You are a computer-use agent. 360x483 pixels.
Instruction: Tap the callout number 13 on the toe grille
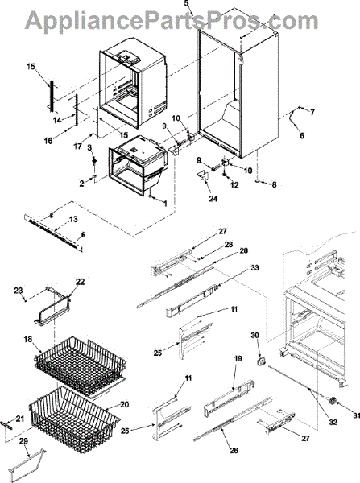[x=73, y=219]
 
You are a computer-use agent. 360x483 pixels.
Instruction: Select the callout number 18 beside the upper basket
[x=28, y=339]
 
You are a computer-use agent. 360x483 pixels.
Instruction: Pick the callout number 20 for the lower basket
[x=125, y=404]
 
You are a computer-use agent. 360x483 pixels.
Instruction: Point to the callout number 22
[x=81, y=282]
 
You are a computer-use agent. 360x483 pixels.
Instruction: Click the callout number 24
[x=213, y=199]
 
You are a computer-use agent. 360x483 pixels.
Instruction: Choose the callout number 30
[x=254, y=335]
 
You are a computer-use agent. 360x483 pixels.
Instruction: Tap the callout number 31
[x=356, y=416]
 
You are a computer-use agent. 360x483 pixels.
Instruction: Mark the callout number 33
[x=254, y=268]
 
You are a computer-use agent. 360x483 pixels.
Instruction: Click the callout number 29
[x=23, y=441]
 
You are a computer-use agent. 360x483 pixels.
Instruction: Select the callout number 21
[x=19, y=419]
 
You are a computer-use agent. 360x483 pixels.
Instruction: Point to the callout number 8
[x=274, y=184]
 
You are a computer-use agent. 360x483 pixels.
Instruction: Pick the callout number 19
[x=238, y=358]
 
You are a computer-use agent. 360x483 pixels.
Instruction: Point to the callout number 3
[x=89, y=147]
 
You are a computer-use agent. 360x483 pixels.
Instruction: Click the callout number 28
[x=229, y=244]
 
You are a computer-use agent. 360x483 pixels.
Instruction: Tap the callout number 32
[x=333, y=423]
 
